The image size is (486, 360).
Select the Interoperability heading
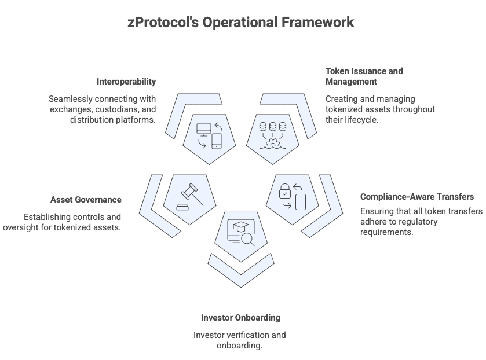[126, 82]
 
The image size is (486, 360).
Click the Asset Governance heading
[86, 200]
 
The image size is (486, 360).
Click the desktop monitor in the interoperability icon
[204, 130]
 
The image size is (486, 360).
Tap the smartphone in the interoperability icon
[217, 140]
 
